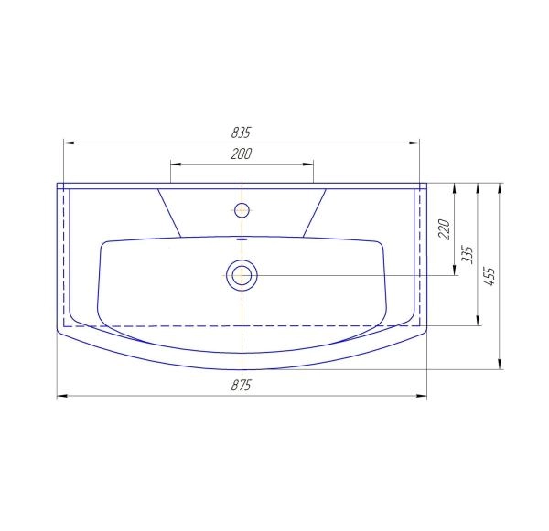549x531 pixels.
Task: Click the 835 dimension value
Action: tap(242, 133)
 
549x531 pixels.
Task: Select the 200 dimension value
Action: tap(242, 154)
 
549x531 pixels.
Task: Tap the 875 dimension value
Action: tap(242, 386)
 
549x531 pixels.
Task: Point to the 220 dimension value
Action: tap(445, 229)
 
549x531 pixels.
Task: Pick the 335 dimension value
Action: tap(467, 255)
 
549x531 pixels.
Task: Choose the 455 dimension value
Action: tap(490, 276)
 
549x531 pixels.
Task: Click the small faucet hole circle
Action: tap(242, 210)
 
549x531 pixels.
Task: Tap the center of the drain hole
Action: tap(242, 275)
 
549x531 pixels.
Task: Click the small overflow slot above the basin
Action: tap(242, 239)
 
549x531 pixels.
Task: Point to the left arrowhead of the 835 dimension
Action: tap(69, 143)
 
